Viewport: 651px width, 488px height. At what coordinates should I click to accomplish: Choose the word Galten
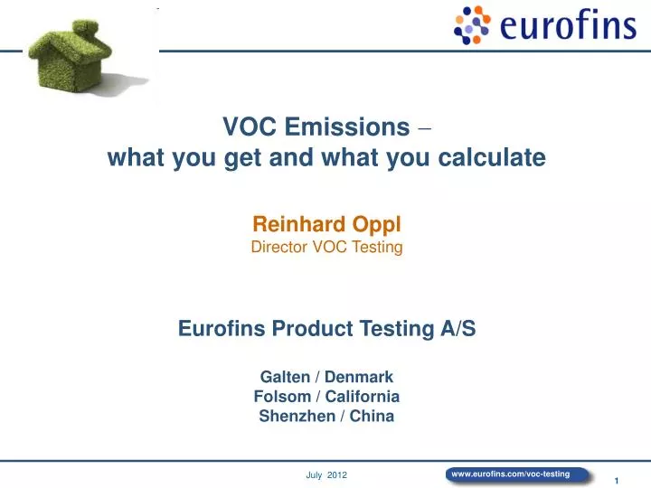(284, 376)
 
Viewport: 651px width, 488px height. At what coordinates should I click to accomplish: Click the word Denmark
(359, 376)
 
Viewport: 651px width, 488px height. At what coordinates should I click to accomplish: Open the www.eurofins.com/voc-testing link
(510, 474)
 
